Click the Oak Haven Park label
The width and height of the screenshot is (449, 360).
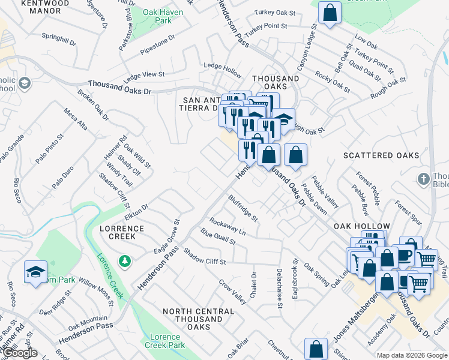[x=158, y=16]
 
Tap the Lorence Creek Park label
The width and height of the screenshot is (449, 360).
[x=165, y=341]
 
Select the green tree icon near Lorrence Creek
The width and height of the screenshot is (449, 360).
[x=124, y=261]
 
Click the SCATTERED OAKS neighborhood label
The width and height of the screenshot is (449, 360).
[x=381, y=155]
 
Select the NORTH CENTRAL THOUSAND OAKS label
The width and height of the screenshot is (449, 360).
[x=199, y=319]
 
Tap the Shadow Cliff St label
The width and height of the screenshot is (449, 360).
[x=204, y=257]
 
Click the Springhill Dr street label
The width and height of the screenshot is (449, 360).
[x=59, y=39]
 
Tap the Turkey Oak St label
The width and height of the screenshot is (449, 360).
[x=275, y=13]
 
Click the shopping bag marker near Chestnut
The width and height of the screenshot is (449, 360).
[x=316, y=349]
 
